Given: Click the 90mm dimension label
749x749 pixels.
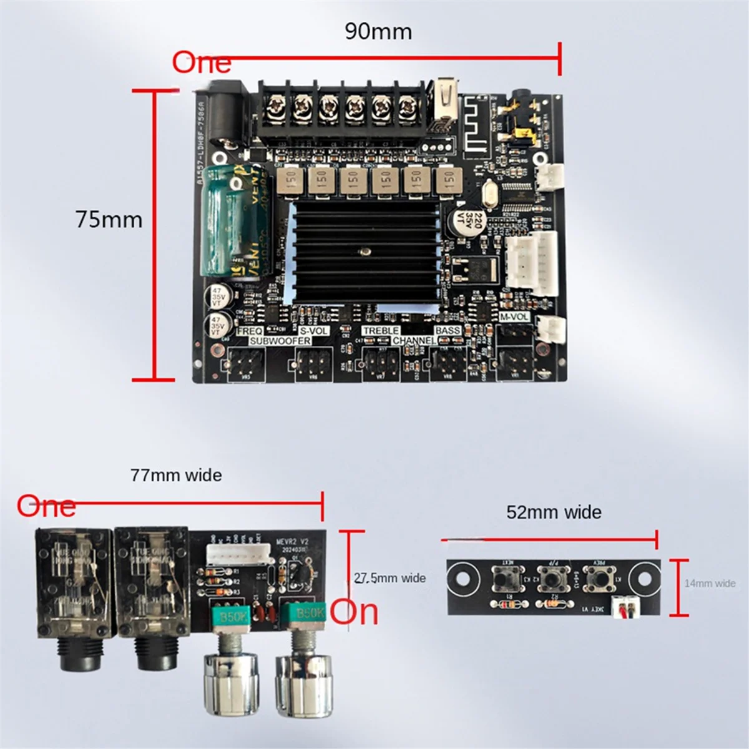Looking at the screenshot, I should (378, 32).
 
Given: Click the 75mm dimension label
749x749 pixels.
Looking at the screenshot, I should (109, 220).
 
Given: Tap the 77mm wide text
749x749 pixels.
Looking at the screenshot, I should (176, 476).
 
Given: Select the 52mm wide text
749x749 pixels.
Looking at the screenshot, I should (554, 512).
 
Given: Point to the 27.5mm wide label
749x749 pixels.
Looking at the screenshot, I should (389, 579).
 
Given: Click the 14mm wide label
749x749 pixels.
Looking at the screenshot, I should (710, 584).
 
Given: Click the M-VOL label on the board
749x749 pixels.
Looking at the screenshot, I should (514, 318).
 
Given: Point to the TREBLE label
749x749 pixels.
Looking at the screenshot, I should (381, 330).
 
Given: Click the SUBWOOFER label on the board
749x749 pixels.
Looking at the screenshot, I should (280, 341).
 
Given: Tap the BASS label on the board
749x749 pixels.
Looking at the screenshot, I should (448, 330).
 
